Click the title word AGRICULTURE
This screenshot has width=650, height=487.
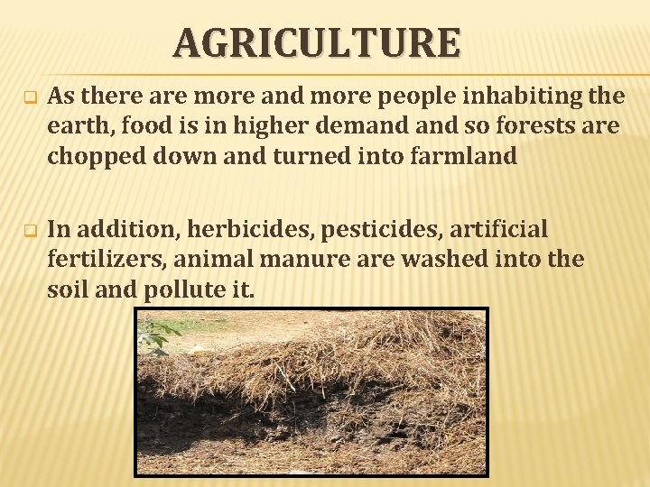(x=317, y=42)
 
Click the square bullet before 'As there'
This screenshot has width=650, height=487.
(x=28, y=96)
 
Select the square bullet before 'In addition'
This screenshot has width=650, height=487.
(x=28, y=230)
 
